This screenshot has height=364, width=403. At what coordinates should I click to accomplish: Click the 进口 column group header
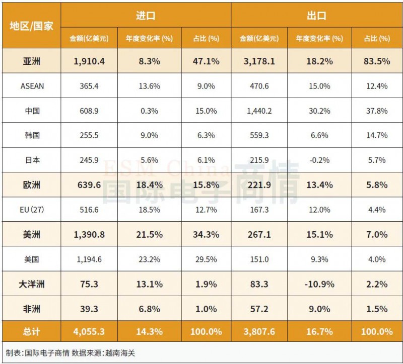[x=146, y=16]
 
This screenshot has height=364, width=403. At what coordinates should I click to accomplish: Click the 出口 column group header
[x=316, y=16]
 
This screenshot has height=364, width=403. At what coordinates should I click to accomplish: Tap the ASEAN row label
[x=32, y=86]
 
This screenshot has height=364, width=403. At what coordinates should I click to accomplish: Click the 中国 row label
[x=32, y=111]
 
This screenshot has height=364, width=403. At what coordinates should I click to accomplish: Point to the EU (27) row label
[x=32, y=210]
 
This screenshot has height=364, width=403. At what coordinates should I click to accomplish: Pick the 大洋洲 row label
[x=32, y=284]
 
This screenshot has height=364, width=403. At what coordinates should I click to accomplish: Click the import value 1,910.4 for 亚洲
[x=89, y=61]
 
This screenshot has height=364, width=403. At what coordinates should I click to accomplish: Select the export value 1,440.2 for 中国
[x=259, y=111]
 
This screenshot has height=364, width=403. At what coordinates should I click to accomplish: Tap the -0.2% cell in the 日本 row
[x=316, y=160]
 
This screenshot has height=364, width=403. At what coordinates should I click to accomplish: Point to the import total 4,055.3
[x=89, y=331]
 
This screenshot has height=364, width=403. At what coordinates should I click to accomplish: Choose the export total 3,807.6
[x=259, y=331]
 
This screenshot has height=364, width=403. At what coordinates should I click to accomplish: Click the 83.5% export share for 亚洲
[x=376, y=61]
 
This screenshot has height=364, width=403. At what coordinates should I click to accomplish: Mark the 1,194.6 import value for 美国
[x=89, y=259]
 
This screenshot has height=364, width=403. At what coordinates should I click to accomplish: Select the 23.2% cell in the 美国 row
[x=149, y=259]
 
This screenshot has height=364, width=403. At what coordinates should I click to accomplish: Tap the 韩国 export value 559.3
[x=259, y=135]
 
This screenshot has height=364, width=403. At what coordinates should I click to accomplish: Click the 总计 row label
[x=32, y=331]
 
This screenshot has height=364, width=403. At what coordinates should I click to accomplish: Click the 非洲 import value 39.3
[x=89, y=309]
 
